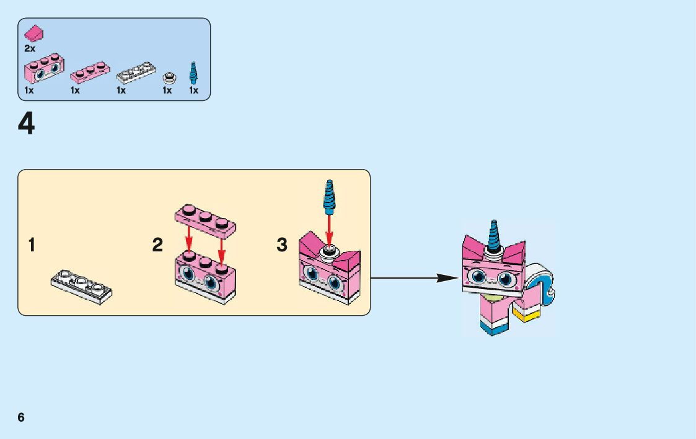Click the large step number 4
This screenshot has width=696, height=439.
[x=26, y=124]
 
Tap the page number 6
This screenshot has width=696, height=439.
[x=21, y=417]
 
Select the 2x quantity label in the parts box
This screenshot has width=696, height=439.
[x=30, y=48]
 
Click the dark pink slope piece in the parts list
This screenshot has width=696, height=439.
[x=34, y=33]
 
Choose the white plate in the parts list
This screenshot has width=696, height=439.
[x=136, y=72]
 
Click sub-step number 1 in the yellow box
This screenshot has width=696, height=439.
[x=32, y=245]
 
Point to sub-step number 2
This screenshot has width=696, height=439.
[x=157, y=245]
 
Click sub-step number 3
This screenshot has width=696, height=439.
[x=282, y=245]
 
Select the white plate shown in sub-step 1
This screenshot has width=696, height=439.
[x=81, y=286]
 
